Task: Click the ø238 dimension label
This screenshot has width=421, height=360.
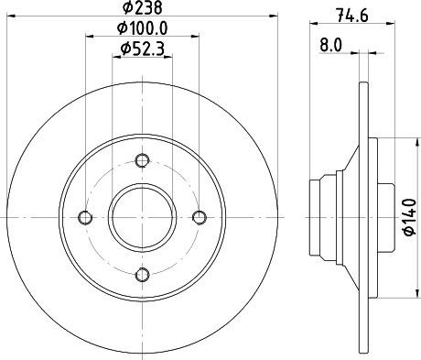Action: coord(142,7)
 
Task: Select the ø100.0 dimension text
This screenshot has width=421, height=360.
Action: coord(143,28)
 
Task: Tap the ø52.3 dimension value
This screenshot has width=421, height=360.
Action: coord(143,49)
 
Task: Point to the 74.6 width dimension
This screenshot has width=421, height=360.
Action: coord(352,16)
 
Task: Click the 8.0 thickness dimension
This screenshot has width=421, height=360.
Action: coord(331,46)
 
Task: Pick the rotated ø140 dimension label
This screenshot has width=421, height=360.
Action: coord(410,217)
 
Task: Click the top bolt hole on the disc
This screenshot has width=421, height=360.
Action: coord(142,160)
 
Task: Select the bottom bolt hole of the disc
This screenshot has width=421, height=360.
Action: coord(143,274)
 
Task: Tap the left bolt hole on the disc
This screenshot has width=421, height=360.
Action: coord(85,217)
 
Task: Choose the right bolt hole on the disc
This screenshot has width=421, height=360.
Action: coord(200,217)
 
